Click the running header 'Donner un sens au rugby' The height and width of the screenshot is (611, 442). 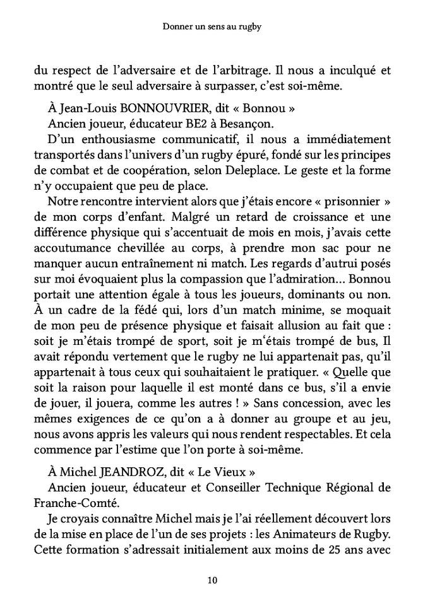(x=220, y=28)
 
